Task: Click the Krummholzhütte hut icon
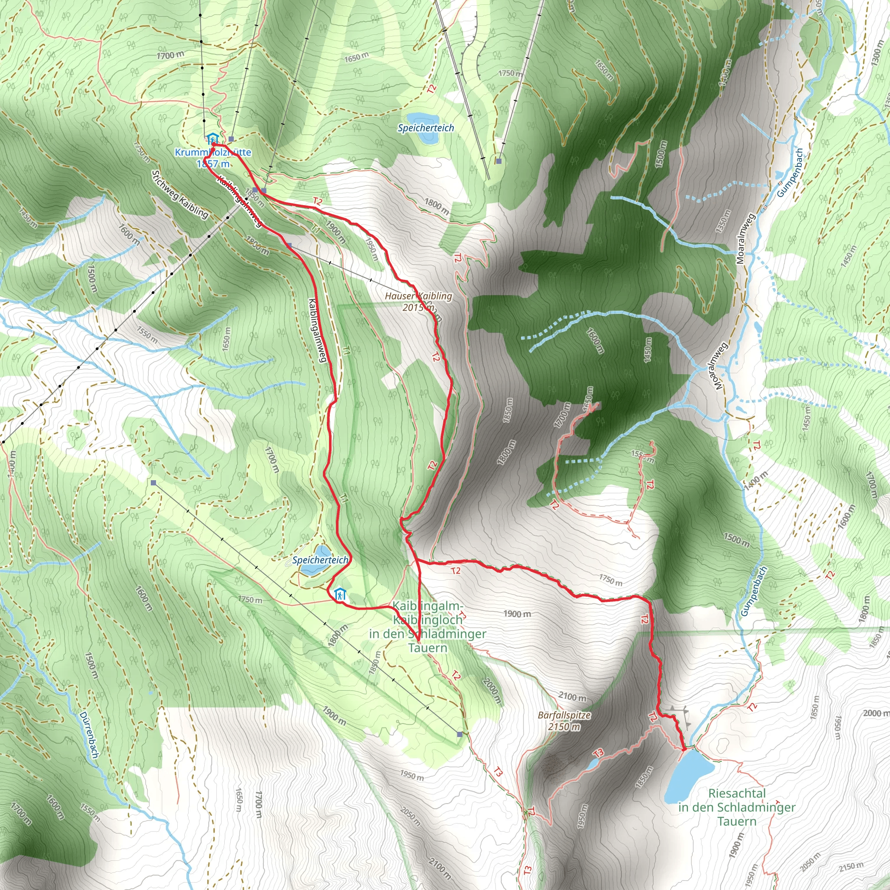(212, 138)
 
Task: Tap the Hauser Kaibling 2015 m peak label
(418, 302)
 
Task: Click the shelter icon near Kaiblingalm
(340, 594)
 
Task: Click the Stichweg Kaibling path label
(180, 194)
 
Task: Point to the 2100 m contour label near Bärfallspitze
(573, 697)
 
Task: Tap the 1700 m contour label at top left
(170, 55)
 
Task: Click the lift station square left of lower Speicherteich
(153, 483)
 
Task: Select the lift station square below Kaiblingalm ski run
(460, 734)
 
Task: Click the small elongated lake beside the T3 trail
(592, 764)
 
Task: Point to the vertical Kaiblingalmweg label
(318, 330)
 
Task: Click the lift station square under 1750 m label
(498, 161)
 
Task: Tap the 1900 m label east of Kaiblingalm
(517, 614)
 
